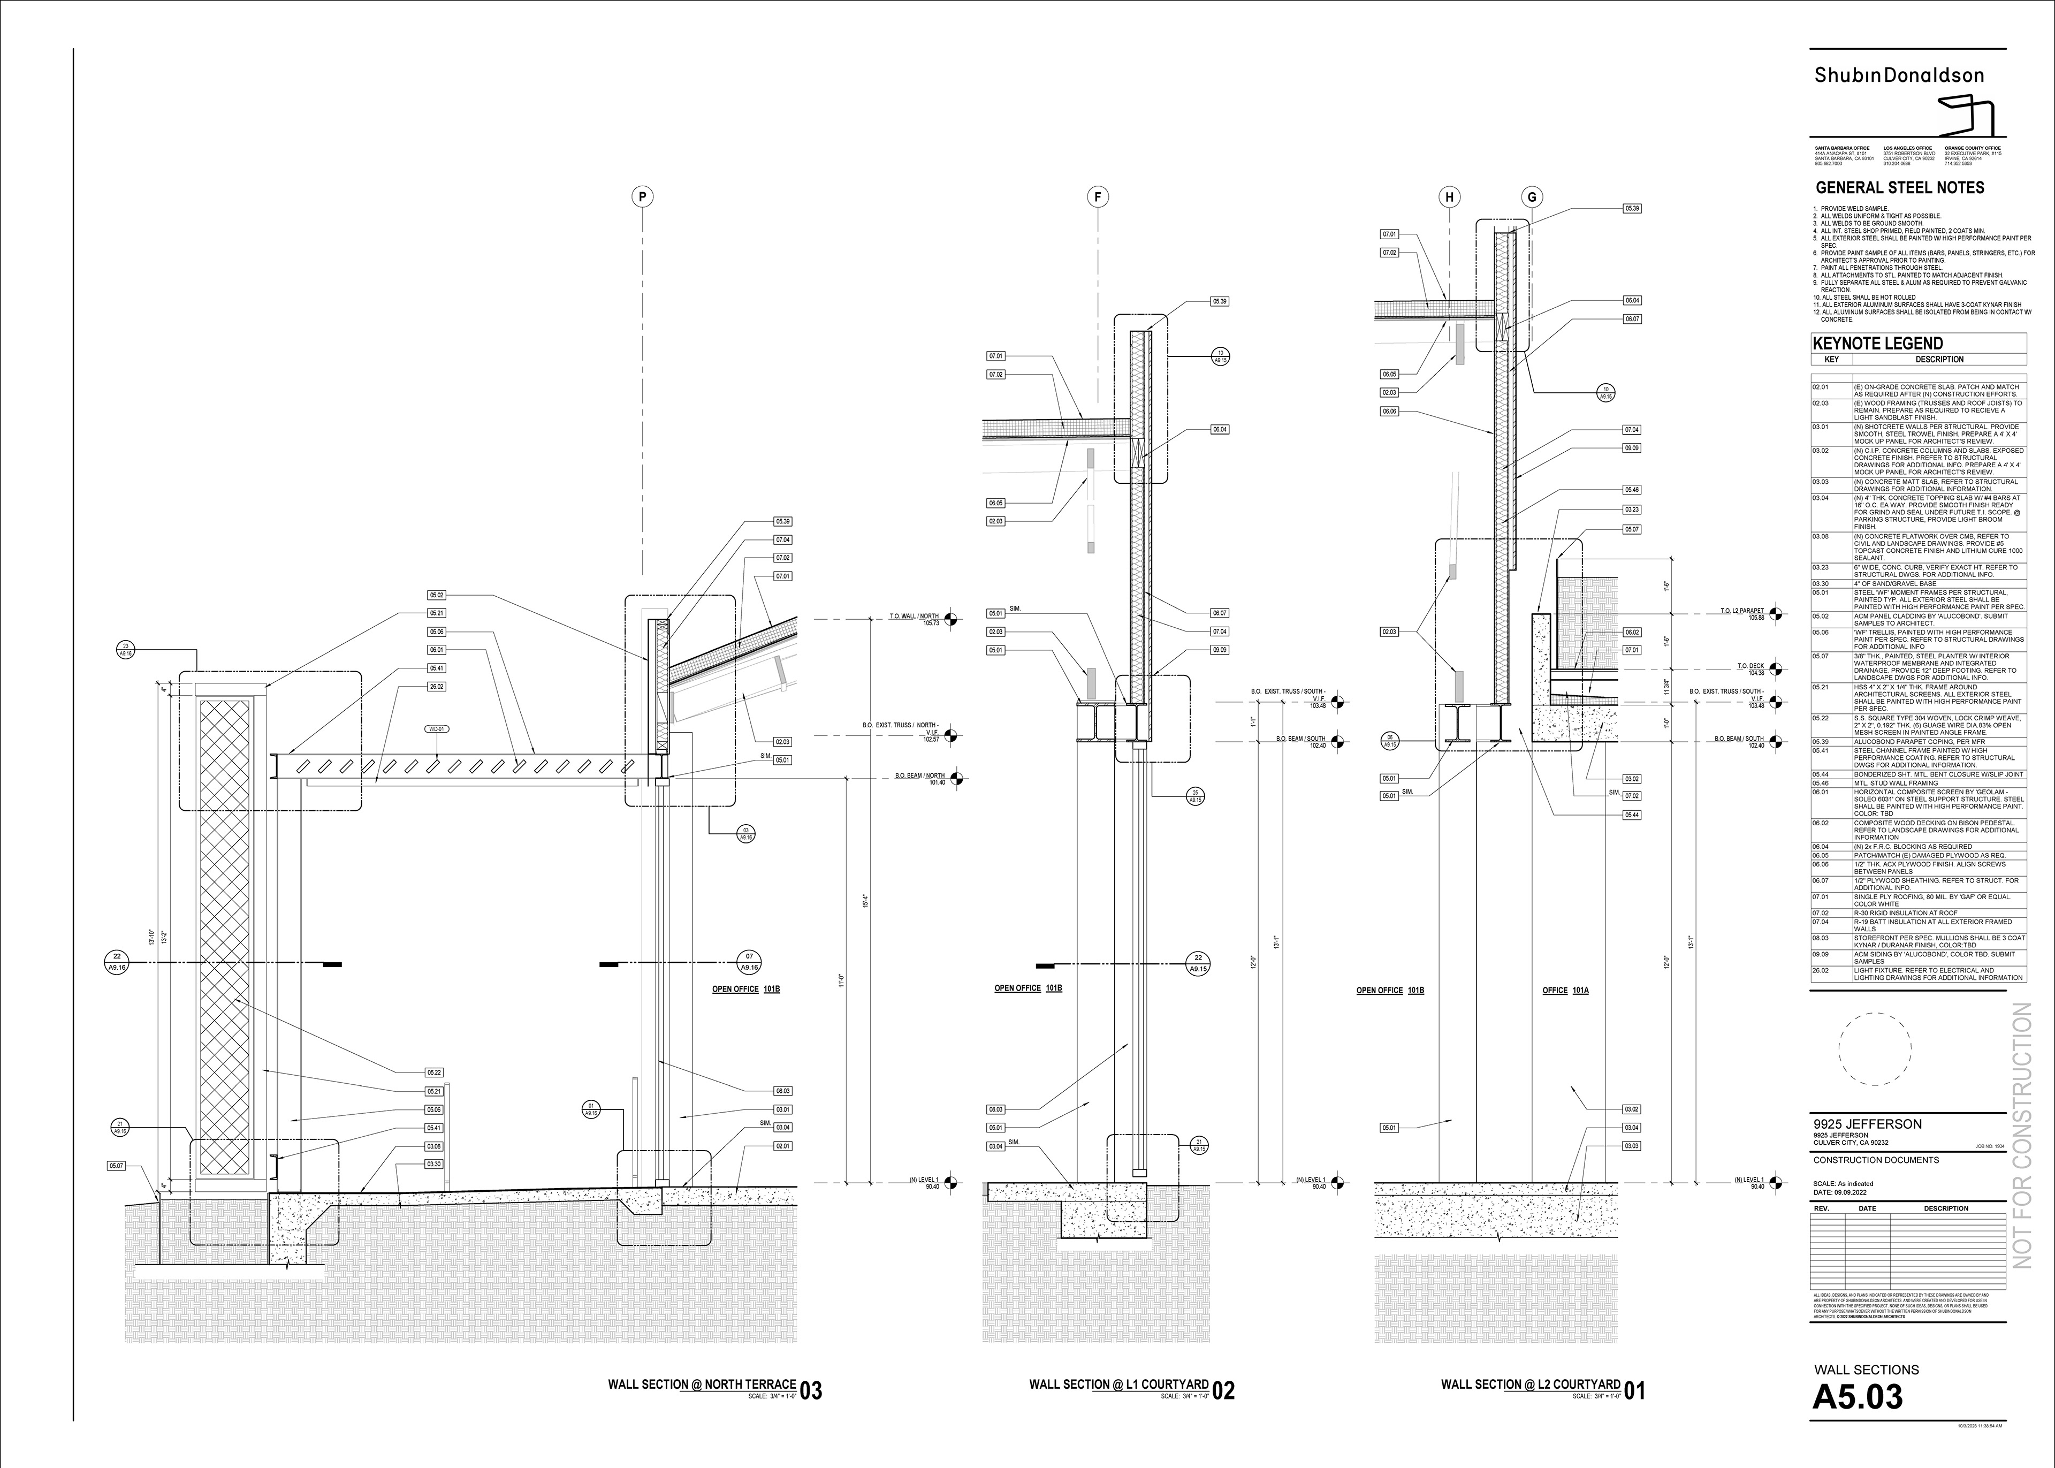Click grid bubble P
pos(643,197)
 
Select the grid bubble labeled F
pos(1097,197)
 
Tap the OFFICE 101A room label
pos(1565,991)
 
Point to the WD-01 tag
pos(437,728)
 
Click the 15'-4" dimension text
pos(866,901)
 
